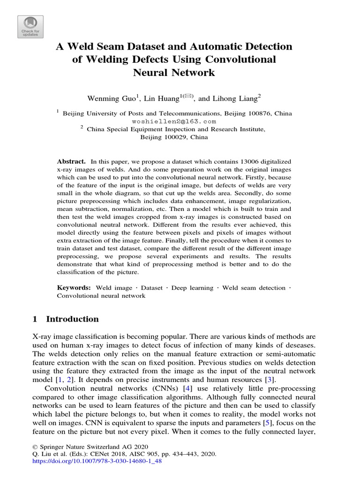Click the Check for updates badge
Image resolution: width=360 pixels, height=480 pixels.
click(x=30, y=27)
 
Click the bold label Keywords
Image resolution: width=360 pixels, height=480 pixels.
click(x=74, y=287)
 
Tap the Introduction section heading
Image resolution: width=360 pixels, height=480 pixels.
click(x=72, y=319)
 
